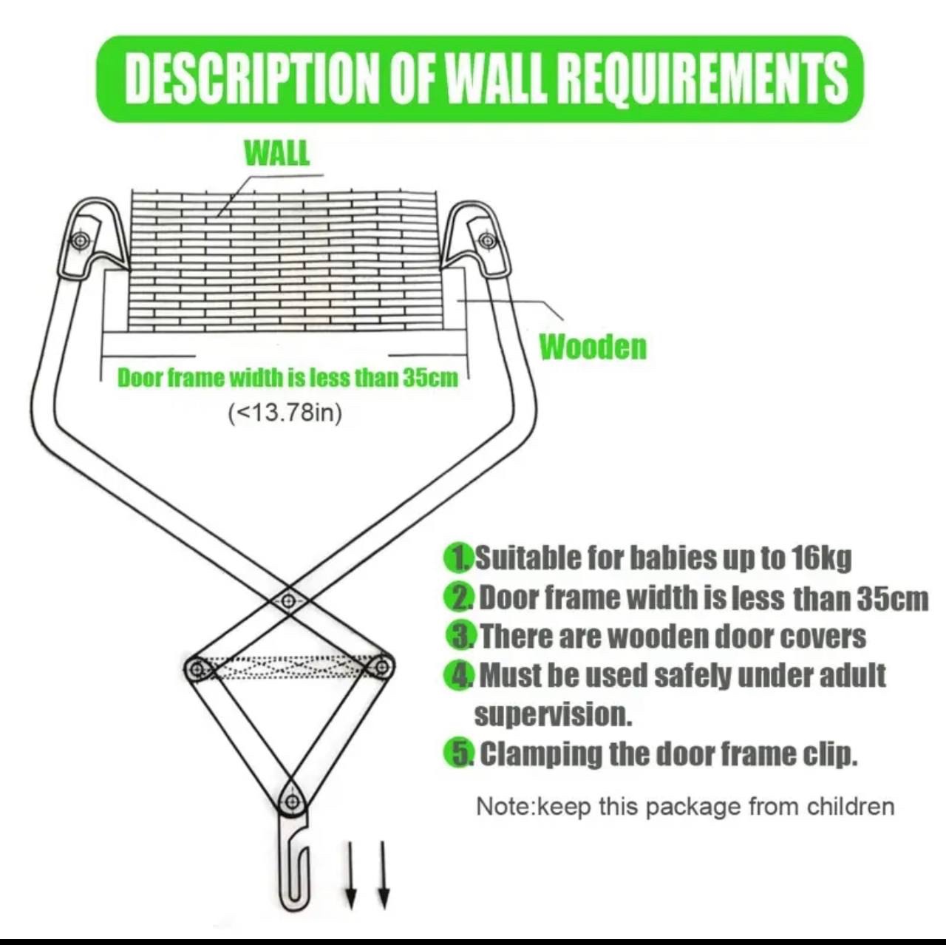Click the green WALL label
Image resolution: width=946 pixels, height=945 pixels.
(277, 153)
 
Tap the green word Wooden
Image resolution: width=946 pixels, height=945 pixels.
(593, 348)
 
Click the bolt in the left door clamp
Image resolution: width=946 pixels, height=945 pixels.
(81, 240)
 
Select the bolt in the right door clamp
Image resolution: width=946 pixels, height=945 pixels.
(488, 241)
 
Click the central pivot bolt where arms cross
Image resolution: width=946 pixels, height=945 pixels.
(289, 600)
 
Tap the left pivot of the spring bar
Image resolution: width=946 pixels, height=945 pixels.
(197, 668)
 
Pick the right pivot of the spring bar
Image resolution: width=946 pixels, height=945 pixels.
(381, 666)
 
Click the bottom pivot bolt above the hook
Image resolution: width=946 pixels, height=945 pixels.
(293, 802)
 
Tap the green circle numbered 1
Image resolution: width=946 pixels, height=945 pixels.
(459, 558)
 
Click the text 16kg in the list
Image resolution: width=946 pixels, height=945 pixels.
(821, 558)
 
